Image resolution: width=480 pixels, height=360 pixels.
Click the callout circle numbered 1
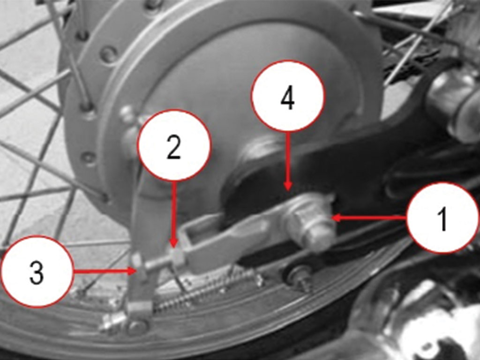[442, 218]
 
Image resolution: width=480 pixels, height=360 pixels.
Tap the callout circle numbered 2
[174, 146]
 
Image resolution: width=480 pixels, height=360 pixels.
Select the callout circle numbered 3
[37, 271]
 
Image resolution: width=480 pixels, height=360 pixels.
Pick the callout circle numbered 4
[288, 96]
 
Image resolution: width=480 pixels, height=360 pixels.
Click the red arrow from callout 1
[369, 218]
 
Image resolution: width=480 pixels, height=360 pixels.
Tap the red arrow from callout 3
[105, 271]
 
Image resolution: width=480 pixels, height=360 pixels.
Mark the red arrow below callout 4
[287, 161]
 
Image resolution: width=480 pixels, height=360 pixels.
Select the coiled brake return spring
[206, 291]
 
